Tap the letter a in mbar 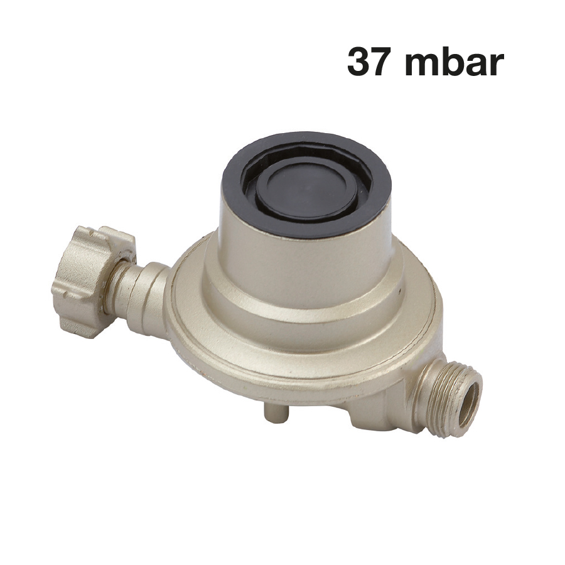474,65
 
